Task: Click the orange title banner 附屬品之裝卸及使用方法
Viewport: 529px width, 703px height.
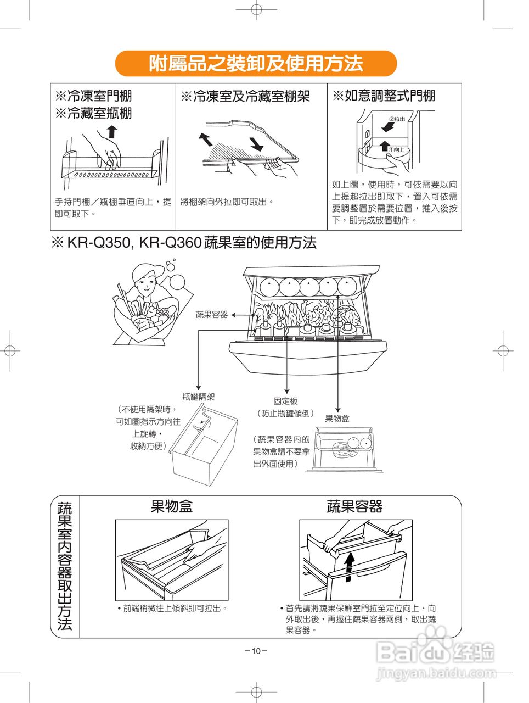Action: point(256,64)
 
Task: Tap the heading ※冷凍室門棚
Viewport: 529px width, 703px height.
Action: point(94,96)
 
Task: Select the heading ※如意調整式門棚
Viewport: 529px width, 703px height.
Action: point(384,96)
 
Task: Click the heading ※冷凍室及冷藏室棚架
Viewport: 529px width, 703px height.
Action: point(245,97)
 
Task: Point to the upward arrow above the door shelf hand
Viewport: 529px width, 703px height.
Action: point(112,132)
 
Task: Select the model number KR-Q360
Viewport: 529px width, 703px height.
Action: point(171,243)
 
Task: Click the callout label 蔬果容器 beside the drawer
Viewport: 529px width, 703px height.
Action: point(212,315)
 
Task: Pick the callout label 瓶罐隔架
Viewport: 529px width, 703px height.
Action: point(198,397)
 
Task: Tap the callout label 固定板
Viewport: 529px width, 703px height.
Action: point(285,401)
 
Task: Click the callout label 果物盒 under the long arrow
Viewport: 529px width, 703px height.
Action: point(337,419)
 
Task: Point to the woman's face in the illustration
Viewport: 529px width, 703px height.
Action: point(144,281)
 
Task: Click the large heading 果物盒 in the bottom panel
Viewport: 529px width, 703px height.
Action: point(172,506)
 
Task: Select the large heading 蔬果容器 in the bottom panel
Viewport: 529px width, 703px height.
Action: point(354,506)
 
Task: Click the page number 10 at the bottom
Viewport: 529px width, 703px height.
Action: point(256,651)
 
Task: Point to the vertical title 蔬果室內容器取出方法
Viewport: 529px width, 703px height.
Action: point(65,566)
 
